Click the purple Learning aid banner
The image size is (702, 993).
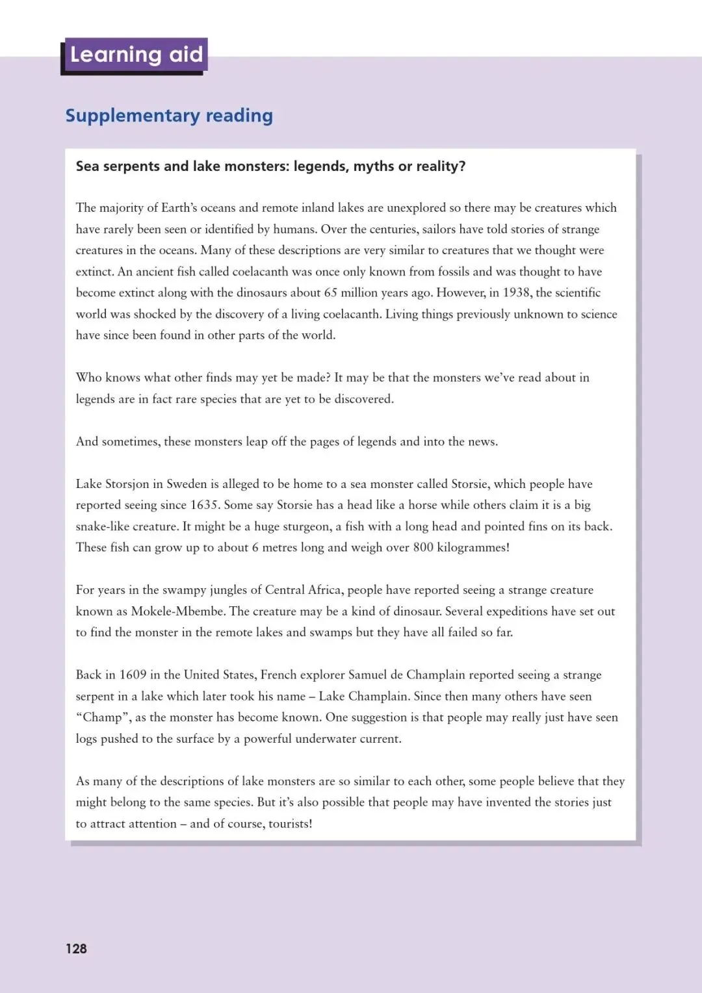(136, 55)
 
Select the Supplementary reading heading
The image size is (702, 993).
(169, 116)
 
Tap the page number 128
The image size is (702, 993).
(76, 949)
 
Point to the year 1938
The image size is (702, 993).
(516, 292)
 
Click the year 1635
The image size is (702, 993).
(206, 505)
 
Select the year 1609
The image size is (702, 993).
(133, 675)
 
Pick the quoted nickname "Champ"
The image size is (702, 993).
(102, 717)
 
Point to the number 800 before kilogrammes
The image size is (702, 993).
(422, 547)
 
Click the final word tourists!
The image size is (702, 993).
(290, 824)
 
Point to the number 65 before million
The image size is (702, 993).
(330, 292)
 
